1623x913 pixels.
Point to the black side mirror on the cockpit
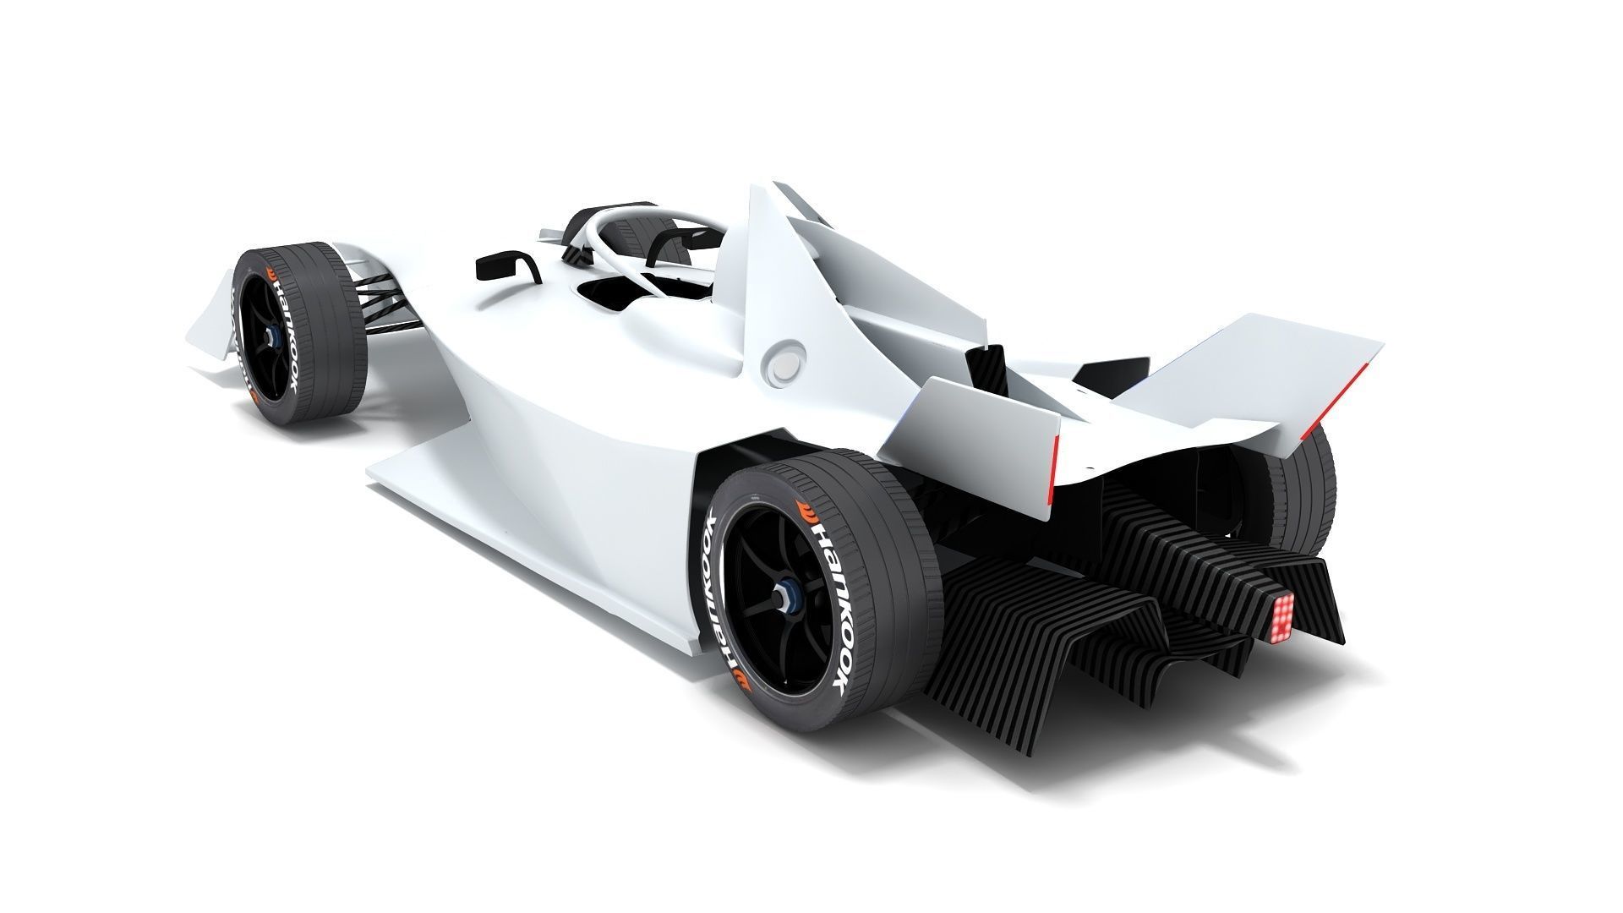[506, 265]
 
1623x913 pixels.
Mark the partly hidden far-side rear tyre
[1306, 490]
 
